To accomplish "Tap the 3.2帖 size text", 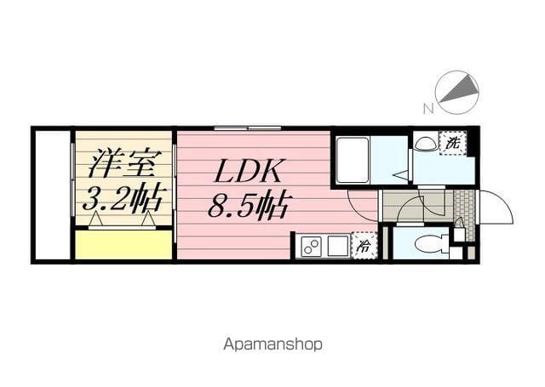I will click(122, 198).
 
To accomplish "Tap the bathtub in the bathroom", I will click(353, 159).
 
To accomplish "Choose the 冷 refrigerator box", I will click(364, 248).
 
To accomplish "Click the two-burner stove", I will click(311, 248).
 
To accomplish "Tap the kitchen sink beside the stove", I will click(336, 248).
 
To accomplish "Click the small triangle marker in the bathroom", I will click(399, 174).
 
